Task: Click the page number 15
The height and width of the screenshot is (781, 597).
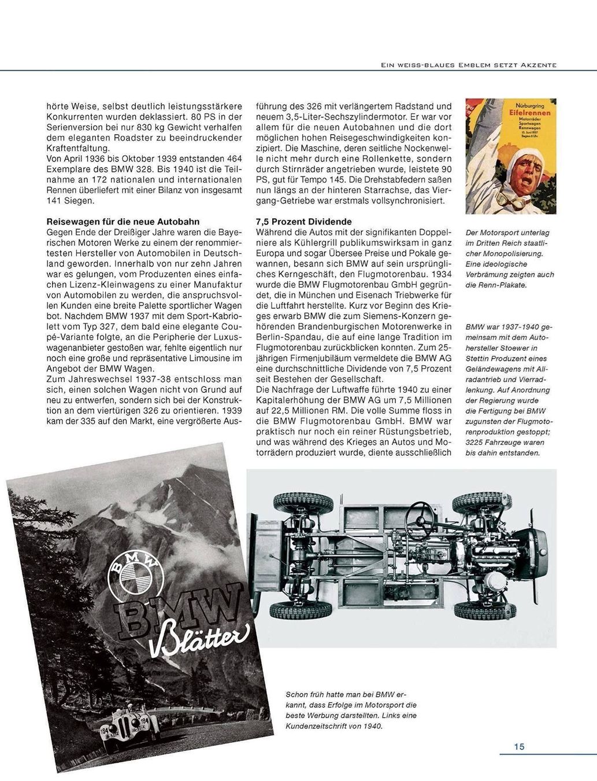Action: [519, 746]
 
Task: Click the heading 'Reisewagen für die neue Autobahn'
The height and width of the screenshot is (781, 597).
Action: [123, 222]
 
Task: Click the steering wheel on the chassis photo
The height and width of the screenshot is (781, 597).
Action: [426, 511]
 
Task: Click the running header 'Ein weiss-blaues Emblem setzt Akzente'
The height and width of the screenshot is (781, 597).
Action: [465, 65]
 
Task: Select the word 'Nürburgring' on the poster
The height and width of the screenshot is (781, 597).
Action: [525, 106]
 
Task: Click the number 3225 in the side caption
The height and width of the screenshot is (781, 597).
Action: [474, 442]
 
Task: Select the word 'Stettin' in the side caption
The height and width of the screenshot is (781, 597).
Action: [478, 359]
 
